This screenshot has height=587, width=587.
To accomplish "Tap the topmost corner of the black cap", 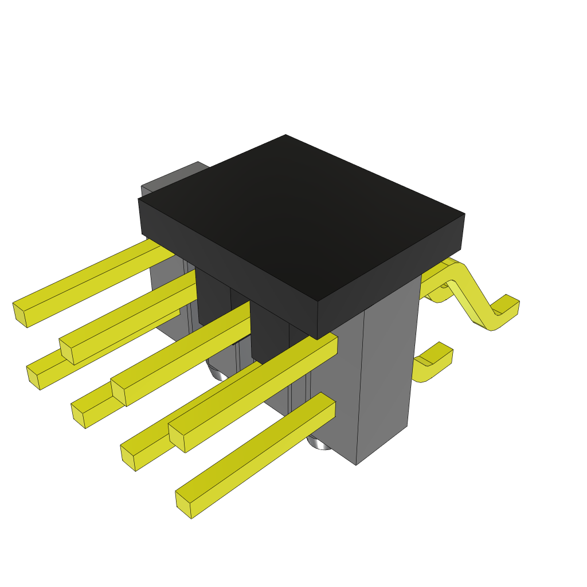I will [x=285, y=136].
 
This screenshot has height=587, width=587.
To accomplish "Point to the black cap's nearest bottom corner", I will [x=318, y=338].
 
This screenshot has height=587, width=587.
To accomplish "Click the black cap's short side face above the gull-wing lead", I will [x=390, y=275].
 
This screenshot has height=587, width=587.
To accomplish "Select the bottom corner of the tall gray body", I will [x=356, y=464].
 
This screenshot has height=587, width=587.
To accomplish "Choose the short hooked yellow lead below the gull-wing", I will [x=433, y=364].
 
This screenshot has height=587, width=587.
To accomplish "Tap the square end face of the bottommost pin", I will [x=183, y=504].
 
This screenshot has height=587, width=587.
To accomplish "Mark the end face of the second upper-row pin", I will [x=67, y=351].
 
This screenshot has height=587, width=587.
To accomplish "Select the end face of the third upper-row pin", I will [x=118, y=392].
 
